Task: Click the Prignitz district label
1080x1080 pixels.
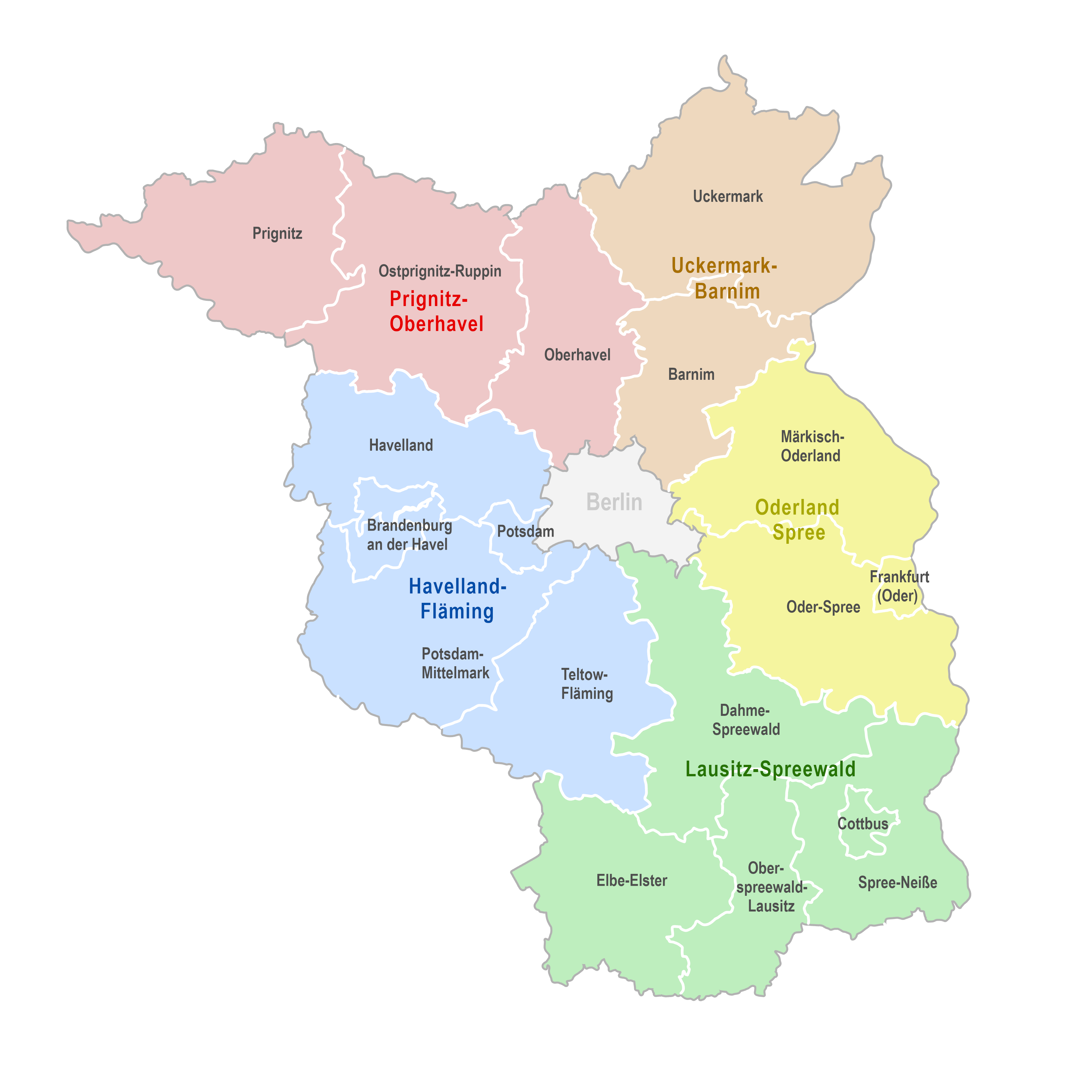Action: coord(277,233)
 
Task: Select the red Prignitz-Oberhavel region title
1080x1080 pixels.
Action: coord(436,311)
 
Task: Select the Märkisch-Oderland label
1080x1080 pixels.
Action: coord(812,446)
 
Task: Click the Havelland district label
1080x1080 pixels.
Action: coord(401,445)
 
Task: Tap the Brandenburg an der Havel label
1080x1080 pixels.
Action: coord(409,535)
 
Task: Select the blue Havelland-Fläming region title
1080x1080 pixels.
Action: coord(457,599)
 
